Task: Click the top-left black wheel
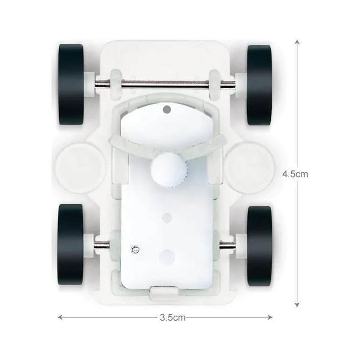coord(71,84)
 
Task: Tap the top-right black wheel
coord(260,85)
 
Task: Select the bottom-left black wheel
coord(70,244)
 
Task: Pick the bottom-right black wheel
coord(260,246)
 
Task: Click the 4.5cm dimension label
coord(295,174)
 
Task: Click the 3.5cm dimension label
coord(173,318)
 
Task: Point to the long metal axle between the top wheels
coord(165,84)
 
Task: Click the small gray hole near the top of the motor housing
coord(167,109)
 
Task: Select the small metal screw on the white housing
coord(135,250)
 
